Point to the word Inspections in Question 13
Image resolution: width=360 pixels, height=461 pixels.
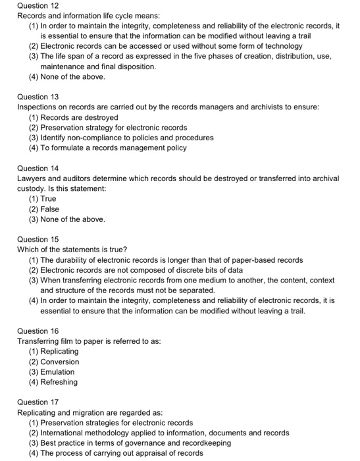38,107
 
